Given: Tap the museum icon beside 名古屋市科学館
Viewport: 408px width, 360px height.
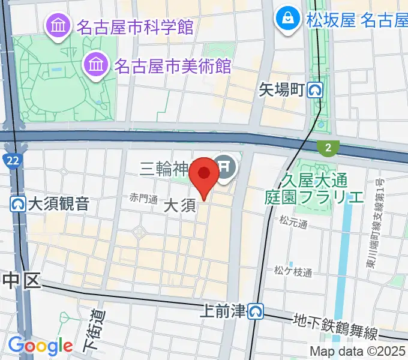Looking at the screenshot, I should [59, 26].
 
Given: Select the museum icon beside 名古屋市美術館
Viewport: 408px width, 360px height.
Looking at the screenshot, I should [95, 62].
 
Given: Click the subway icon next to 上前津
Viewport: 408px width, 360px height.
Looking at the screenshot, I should [257, 311].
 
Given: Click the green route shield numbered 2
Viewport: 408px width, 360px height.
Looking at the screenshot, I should [328, 147].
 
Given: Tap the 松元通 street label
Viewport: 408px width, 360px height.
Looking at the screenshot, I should [293, 223].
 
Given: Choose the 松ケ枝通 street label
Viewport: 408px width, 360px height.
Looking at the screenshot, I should [293, 272].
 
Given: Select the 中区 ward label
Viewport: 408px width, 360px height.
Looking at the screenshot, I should [22, 280].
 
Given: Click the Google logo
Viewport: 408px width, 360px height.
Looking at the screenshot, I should [40, 346].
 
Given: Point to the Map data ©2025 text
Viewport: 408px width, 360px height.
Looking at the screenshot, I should [358, 351].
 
